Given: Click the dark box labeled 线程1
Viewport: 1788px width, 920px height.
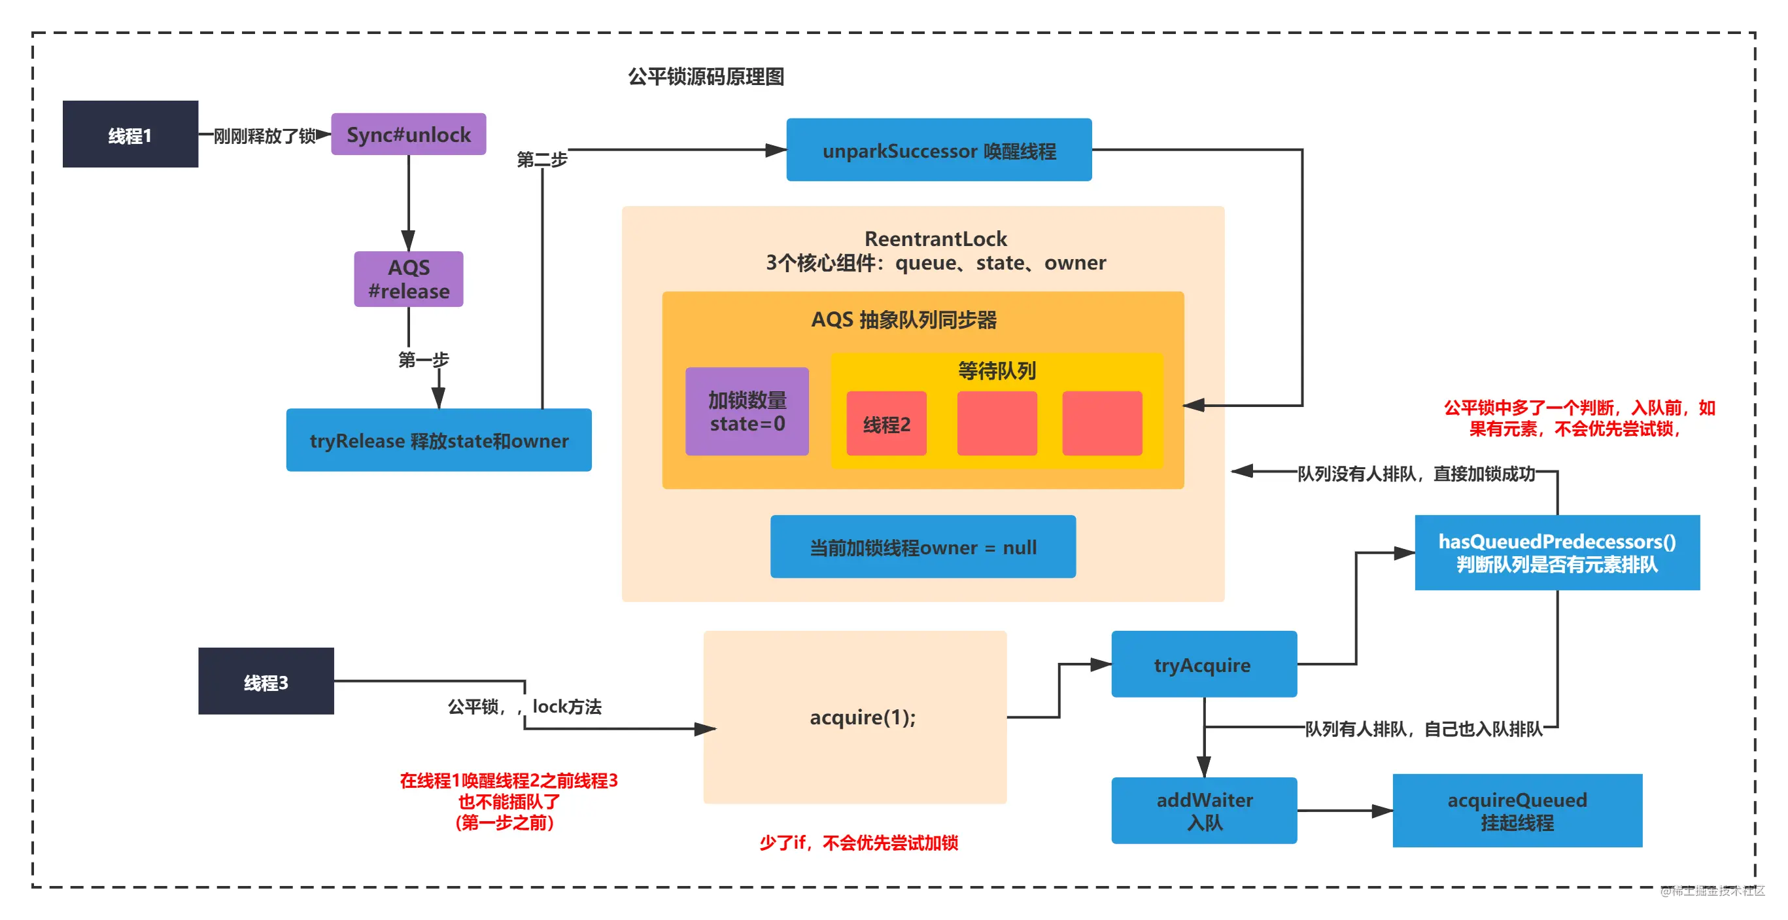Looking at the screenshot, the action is pyautogui.click(x=131, y=134).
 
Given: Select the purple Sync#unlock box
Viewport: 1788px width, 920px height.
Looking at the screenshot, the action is pyautogui.click(x=409, y=134).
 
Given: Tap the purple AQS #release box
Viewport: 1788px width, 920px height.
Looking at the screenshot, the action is pyautogui.click(x=409, y=279).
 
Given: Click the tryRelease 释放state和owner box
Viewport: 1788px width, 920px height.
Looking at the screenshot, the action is pyautogui.click(x=439, y=440).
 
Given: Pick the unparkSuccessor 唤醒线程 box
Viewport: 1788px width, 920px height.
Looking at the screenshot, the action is pyautogui.click(x=939, y=150).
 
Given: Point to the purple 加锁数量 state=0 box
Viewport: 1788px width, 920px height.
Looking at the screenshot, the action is pyautogui.click(x=747, y=412).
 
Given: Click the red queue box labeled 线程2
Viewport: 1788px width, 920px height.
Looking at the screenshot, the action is pyautogui.click(x=886, y=423).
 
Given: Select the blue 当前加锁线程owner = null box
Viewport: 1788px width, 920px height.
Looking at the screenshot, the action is pyautogui.click(x=923, y=546).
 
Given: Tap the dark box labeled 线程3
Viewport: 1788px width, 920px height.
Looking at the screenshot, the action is pyautogui.click(x=266, y=681).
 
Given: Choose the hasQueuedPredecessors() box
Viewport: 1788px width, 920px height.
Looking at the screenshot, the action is pyautogui.click(x=1557, y=553).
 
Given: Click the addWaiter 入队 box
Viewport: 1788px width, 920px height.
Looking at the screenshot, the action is pyautogui.click(x=1204, y=810).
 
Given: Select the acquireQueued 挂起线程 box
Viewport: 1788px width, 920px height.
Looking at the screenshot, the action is pyautogui.click(x=1517, y=810).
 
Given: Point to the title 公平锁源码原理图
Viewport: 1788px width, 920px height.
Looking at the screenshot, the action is pyautogui.click(x=706, y=77).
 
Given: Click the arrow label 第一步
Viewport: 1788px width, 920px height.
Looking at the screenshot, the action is pyautogui.click(x=423, y=360).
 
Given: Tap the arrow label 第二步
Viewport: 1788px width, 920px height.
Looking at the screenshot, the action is pyautogui.click(x=542, y=160).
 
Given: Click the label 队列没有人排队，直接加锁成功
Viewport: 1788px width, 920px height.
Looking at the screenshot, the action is pyautogui.click(x=1416, y=474).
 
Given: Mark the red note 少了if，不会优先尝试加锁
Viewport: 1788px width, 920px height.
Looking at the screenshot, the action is pyautogui.click(x=859, y=843).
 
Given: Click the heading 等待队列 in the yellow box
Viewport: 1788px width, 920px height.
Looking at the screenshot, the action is pyautogui.click(x=997, y=371).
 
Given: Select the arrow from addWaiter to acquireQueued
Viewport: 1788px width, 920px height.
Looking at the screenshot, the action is pyautogui.click(x=1345, y=810).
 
